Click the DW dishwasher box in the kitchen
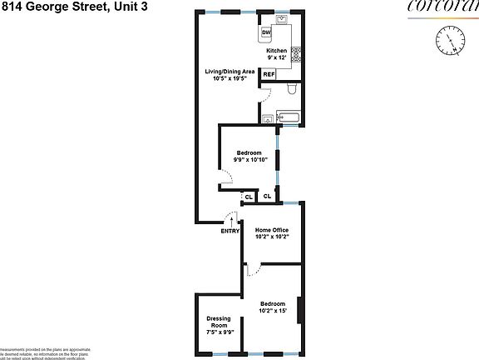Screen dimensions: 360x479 pos(266,33)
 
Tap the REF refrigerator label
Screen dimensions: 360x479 pos(269,75)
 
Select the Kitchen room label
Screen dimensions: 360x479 pos(276,51)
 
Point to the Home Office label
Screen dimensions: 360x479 pos(272,230)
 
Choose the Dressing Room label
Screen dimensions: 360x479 pos(220,324)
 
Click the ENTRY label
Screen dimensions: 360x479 pos(230,232)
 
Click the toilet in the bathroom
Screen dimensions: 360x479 pos(292,90)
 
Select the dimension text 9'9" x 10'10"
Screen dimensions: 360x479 pos(249,160)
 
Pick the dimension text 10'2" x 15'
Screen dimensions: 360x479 pos(273,311)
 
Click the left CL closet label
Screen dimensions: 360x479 pos(249,197)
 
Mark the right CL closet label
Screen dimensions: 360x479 pos(267,197)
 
